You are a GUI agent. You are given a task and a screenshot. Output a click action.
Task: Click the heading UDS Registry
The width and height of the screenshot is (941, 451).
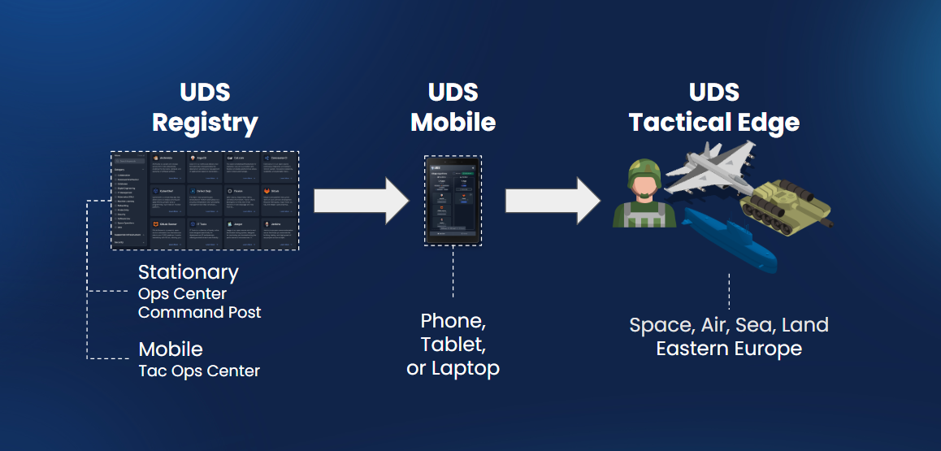[x=205, y=107]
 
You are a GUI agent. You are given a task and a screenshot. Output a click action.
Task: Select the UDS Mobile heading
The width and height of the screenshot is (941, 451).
[x=453, y=107]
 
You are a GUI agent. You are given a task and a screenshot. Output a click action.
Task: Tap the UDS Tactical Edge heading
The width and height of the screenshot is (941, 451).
[x=713, y=107]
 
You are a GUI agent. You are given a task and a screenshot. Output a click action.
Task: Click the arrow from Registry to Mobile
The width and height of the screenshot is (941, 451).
[x=361, y=199]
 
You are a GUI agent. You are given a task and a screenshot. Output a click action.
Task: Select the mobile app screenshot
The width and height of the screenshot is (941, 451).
[x=453, y=200]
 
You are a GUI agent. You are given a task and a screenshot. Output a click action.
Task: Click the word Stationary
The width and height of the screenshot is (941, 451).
[x=189, y=272]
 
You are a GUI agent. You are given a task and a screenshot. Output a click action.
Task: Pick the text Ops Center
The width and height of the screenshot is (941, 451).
[x=182, y=293]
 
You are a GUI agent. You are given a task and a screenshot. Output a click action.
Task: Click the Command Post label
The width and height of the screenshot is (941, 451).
[x=200, y=312]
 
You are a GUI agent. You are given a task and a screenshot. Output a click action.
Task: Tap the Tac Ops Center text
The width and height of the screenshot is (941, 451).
[x=199, y=371]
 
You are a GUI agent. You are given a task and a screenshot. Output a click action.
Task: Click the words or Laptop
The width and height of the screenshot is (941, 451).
[x=453, y=368]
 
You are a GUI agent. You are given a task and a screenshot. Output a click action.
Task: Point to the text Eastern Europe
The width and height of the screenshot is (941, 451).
[x=729, y=349]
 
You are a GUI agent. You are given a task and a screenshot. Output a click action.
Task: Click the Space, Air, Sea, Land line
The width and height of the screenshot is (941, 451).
[x=729, y=325]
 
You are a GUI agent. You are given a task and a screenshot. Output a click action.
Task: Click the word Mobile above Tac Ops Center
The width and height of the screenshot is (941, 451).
[x=171, y=349]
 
